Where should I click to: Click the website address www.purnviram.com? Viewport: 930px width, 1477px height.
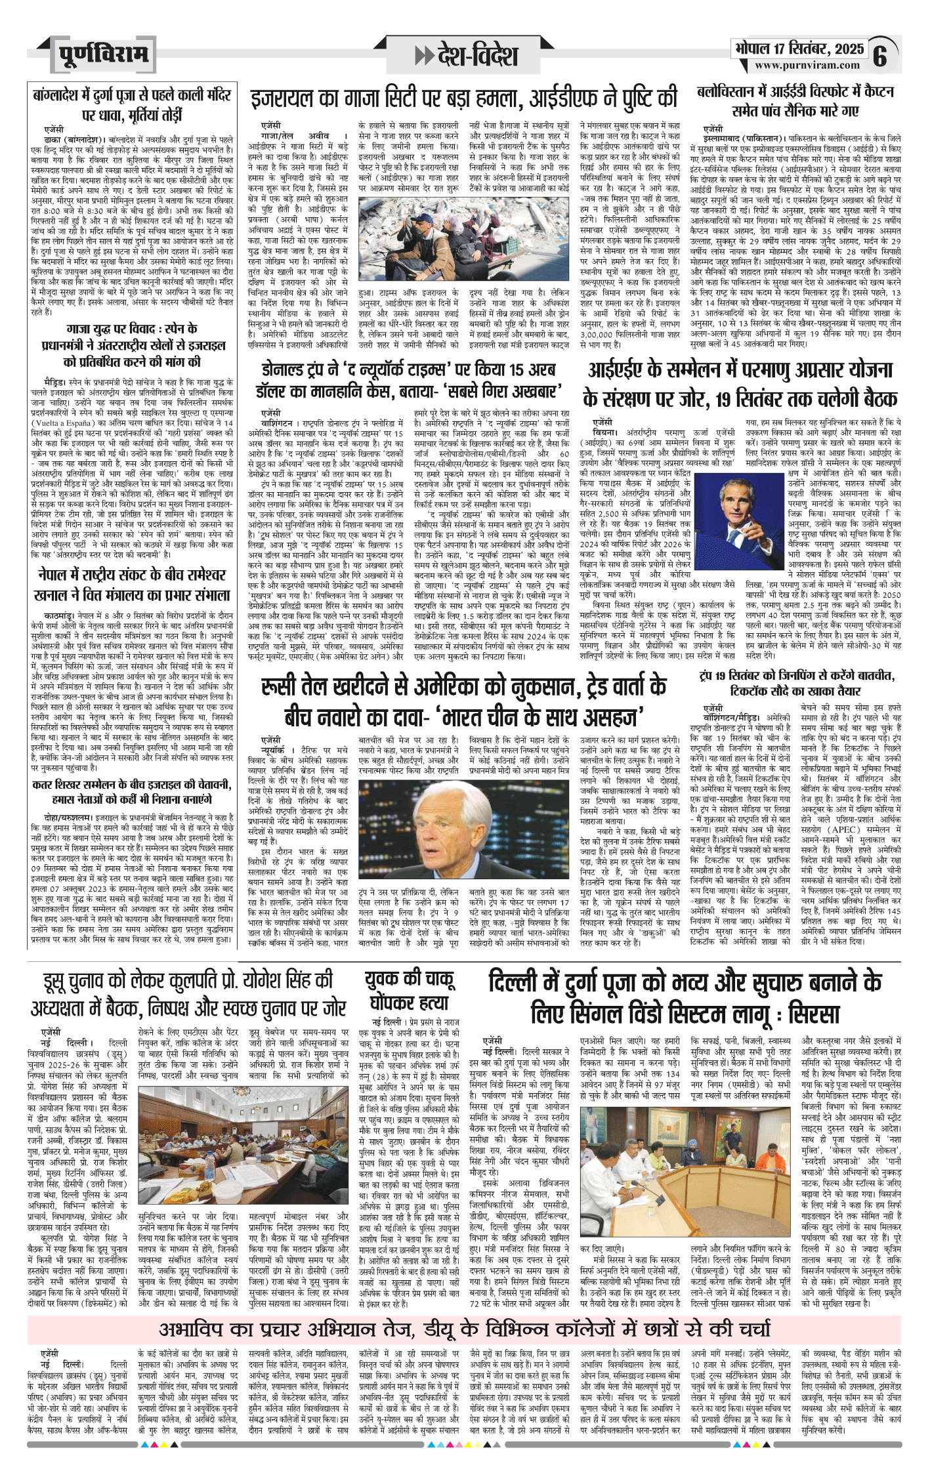(x=807, y=65)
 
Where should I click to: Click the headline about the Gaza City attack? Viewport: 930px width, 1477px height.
(x=463, y=98)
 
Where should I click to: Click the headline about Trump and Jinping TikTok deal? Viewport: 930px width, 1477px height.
(x=796, y=683)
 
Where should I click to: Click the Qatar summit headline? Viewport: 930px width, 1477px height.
(x=131, y=792)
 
